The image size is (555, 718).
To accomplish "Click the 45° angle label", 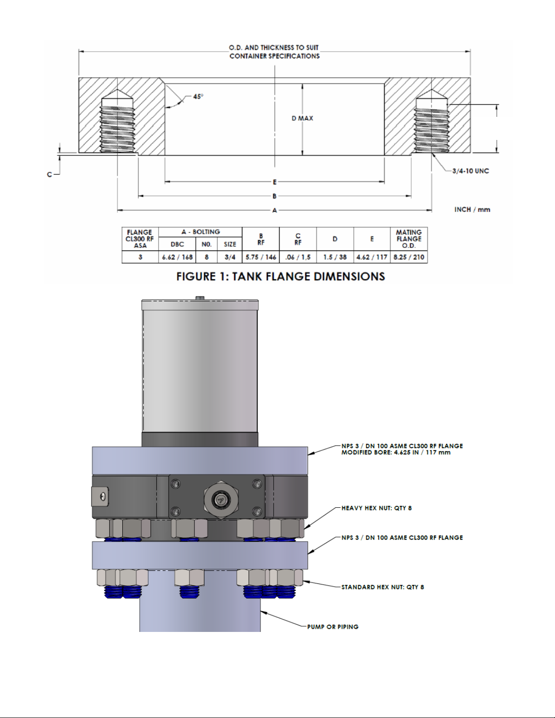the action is click(x=198, y=96).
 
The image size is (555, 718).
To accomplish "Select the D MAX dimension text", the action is click(x=302, y=118).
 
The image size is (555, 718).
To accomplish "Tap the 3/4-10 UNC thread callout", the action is click(x=470, y=171).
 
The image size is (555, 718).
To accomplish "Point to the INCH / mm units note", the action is click(x=472, y=209).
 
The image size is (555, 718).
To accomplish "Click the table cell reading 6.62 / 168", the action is click(x=177, y=257).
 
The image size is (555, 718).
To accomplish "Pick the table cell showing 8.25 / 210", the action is click(x=409, y=257).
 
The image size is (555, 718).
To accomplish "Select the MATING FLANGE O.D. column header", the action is click(x=409, y=239).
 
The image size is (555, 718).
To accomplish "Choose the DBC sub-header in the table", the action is click(x=177, y=244).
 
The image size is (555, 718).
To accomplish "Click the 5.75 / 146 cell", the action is click(x=261, y=257).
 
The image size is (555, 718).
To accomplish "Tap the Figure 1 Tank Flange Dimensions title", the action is click(x=280, y=276).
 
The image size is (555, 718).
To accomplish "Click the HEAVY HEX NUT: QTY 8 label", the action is click(x=376, y=508).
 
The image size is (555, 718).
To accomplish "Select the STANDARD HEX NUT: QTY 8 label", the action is click(x=382, y=587).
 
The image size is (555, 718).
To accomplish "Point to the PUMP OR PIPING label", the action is click(x=333, y=626).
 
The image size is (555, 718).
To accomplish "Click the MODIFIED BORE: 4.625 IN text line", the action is click(x=396, y=453).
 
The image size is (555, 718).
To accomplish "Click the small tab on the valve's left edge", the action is click(x=100, y=496).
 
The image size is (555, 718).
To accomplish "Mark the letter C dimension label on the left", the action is click(x=49, y=174).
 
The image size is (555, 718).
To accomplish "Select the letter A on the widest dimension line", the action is click(x=275, y=210).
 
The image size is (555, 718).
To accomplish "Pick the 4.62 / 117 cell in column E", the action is click(x=372, y=257).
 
